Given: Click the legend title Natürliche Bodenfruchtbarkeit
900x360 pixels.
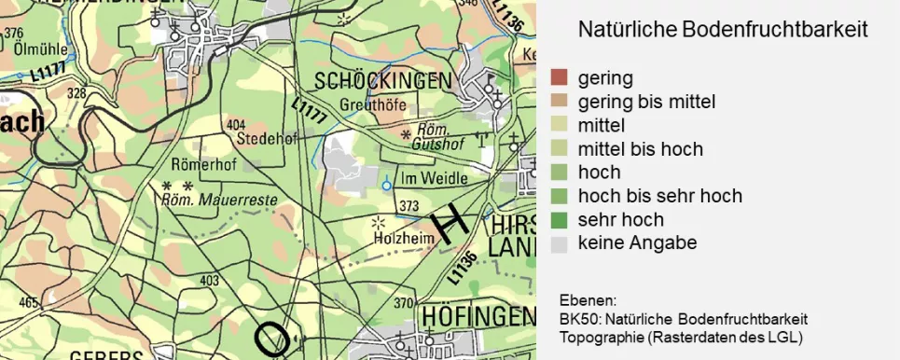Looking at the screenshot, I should click(723, 30).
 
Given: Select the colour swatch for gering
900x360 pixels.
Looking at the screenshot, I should click(559, 77).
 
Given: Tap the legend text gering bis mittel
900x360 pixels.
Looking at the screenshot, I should click(646, 102).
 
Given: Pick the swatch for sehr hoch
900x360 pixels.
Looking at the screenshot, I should click(559, 220).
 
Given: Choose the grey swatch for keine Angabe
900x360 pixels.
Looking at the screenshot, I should click(559, 244).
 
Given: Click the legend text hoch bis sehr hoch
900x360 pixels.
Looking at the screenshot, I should click(659, 196).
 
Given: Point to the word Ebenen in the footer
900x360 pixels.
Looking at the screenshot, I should click(588, 301).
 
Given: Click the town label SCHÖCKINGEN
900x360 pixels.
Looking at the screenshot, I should click(383, 80).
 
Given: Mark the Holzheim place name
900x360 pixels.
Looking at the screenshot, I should click(399, 239).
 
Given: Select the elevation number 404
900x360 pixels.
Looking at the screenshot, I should click(236, 124).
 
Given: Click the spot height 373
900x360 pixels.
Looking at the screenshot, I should click(408, 205).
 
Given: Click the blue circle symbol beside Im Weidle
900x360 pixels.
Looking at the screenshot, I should click(387, 185).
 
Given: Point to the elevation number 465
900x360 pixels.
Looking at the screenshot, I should click(28, 302).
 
